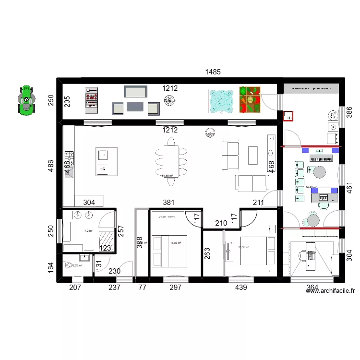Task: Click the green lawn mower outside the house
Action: [x=26, y=100]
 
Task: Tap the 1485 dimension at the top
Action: [x=213, y=72]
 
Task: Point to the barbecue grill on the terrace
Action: [x=91, y=100]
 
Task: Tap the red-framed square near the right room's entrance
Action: [x=288, y=116]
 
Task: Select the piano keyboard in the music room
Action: [x=322, y=158]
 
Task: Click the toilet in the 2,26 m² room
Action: [x=68, y=265]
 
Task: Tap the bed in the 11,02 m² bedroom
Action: [x=169, y=251]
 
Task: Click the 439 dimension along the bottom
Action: [x=240, y=288]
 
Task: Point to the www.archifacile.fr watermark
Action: [x=329, y=290]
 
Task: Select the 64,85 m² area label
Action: [x=167, y=176]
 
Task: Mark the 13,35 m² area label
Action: [x=244, y=248]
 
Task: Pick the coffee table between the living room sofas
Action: [x=253, y=155]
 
